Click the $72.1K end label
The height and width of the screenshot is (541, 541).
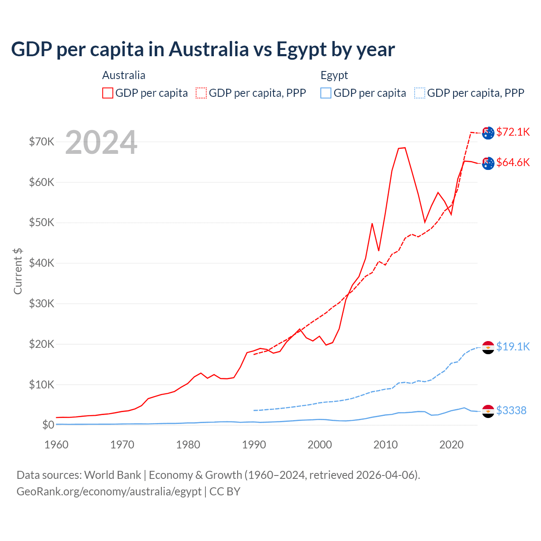[513, 132]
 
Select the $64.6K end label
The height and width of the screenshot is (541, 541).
[513, 162]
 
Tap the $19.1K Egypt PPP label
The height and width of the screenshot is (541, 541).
[513, 347]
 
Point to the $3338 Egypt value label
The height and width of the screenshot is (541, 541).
[511, 410]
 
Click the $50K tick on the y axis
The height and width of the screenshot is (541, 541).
[41, 223]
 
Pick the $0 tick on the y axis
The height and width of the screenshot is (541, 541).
[48, 425]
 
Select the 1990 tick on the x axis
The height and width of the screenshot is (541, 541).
[254, 445]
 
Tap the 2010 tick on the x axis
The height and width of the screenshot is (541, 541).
[385, 445]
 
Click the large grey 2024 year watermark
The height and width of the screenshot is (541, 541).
[101, 143]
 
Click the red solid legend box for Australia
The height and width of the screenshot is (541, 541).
[108, 93]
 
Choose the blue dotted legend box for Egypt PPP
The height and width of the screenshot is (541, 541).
[420, 93]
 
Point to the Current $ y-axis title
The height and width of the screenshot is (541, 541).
[18, 271]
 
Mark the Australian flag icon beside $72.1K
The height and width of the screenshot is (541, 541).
[488, 133]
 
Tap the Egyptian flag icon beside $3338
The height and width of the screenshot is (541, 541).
[488, 411]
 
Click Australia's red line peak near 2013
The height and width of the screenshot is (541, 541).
[404, 148]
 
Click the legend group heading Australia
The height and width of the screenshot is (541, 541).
[123, 75]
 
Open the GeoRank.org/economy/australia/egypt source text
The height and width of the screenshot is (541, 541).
[109, 492]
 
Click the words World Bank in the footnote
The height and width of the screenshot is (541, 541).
[112, 475]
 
